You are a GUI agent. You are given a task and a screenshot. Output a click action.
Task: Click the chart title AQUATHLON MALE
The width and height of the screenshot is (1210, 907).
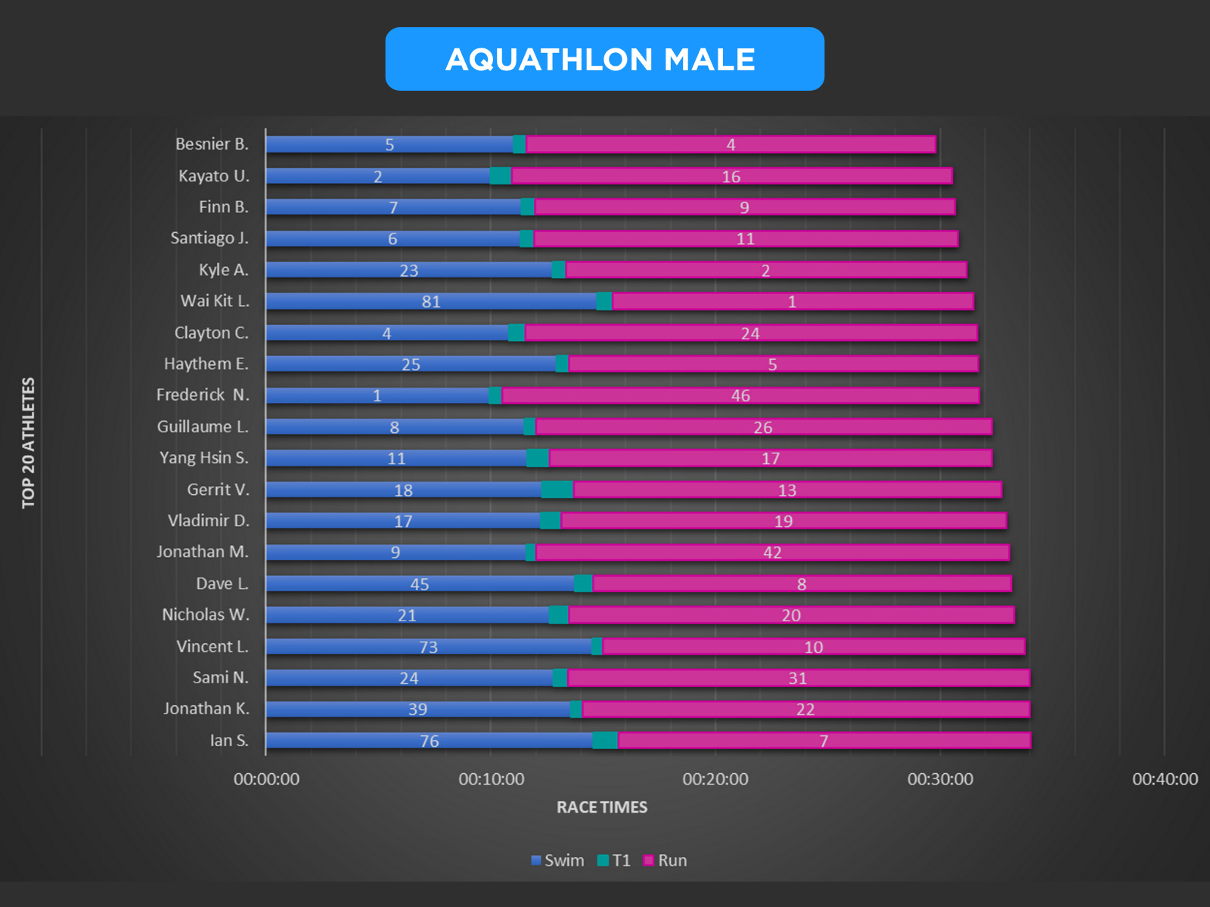tap(600, 60)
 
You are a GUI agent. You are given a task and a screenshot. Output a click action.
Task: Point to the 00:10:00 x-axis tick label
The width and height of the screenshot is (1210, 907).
tap(491, 779)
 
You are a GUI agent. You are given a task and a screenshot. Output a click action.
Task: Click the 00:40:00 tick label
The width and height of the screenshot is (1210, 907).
tap(1165, 779)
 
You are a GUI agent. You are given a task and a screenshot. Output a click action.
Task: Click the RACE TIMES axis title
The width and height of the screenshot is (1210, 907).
tap(602, 807)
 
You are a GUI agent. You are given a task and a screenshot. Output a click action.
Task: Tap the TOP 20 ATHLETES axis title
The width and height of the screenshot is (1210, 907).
tap(29, 443)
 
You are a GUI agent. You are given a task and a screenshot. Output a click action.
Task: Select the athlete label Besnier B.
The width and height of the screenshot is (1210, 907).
tap(212, 144)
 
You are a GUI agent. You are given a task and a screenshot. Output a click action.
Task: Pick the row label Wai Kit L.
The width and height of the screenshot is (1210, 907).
tap(215, 301)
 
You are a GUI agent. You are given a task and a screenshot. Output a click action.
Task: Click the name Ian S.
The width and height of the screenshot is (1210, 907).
tap(229, 741)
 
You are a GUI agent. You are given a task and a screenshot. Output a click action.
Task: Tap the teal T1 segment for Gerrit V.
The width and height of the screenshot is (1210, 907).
tap(557, 490)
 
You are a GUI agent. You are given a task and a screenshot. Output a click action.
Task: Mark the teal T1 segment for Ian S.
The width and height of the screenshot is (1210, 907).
tap(605, 741)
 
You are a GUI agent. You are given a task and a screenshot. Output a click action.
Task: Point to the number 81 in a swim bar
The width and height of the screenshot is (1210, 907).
tap(431, 302)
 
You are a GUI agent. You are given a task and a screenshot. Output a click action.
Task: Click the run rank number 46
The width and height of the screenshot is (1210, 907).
tap(740, 396)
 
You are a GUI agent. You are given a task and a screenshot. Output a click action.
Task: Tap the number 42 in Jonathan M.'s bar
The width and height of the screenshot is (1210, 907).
tap(772, 553)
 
